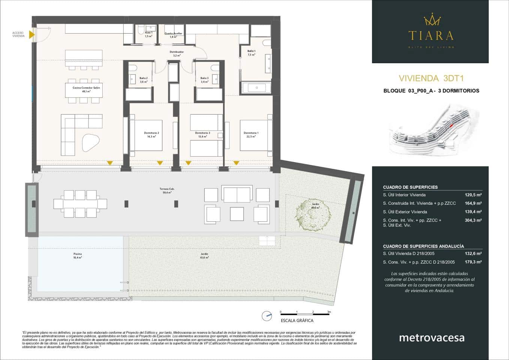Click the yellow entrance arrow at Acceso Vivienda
pyautogui.click(x=32, y=35)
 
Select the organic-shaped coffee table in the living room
pyautogui.click(x=90, y=142)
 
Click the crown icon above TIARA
pyautogui.click(x=431, y=20)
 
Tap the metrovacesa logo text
pyautogui.click(x=431, y=337)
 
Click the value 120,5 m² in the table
pyautogui.click(x=473, y=195)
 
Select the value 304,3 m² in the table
pyautogui.click(x=473, y=220)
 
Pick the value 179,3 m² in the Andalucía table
pyautogui.click(x=473, y=262)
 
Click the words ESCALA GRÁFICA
pyautogui.click(x=297, y=321)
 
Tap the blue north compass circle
pyautogui.click(x=267, y=316)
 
